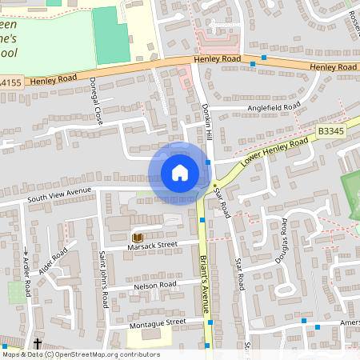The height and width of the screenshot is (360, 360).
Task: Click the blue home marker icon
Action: coord(180,174)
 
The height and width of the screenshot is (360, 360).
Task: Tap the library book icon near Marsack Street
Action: coord(137,238)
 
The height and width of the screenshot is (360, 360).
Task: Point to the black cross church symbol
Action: coord(38,344)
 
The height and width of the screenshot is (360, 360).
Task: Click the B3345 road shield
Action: coord(330,130)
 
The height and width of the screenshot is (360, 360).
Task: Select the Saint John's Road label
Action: coord(103,279)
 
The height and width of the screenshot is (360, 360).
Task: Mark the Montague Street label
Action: coord(157,322)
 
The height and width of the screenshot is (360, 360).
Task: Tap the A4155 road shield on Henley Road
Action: coord(11,83)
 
